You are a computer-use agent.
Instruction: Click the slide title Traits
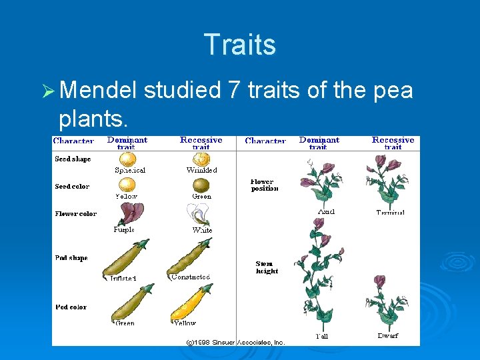point(240,45)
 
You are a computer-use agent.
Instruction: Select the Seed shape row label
point(73,159)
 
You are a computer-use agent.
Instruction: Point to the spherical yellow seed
point(127,159)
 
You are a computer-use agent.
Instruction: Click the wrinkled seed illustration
point(201,159)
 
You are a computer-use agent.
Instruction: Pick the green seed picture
point(201,185)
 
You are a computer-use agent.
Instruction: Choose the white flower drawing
point(199,215)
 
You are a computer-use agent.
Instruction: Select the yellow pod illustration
point(191,303)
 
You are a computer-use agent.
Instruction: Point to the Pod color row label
point(71,307)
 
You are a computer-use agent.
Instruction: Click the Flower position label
point(264,185)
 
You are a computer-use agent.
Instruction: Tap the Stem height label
point(267,267)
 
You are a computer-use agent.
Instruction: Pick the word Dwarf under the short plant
point(387,336)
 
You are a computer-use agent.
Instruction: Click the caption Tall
point(322,336)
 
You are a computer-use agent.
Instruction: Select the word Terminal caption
point(391,213)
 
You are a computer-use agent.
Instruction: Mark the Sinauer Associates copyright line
point(235,342)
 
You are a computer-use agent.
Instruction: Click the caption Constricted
point(191,277)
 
